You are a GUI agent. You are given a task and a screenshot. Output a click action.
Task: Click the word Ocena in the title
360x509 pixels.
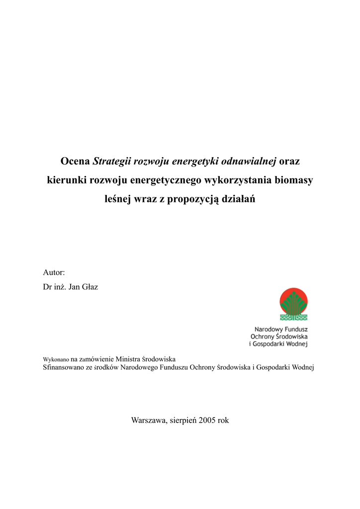point(75,162)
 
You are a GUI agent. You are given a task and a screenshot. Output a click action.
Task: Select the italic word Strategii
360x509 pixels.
point(112,162)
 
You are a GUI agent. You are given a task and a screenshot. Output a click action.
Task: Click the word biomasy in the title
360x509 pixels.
point(294,180)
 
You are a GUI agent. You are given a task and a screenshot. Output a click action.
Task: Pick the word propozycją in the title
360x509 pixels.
point(192,199)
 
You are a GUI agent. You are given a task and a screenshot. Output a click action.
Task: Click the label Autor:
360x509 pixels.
point(54,272)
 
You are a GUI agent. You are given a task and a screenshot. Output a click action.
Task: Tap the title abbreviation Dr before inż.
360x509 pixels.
point(48,287)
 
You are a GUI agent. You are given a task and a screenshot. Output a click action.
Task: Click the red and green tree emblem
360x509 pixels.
point(293,304)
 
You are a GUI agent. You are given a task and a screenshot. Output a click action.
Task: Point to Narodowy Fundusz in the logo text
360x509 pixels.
point(281,329)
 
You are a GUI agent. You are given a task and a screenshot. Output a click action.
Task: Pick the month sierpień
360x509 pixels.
point(182,420)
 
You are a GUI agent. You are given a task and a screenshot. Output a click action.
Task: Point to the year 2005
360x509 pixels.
point(207,420)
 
